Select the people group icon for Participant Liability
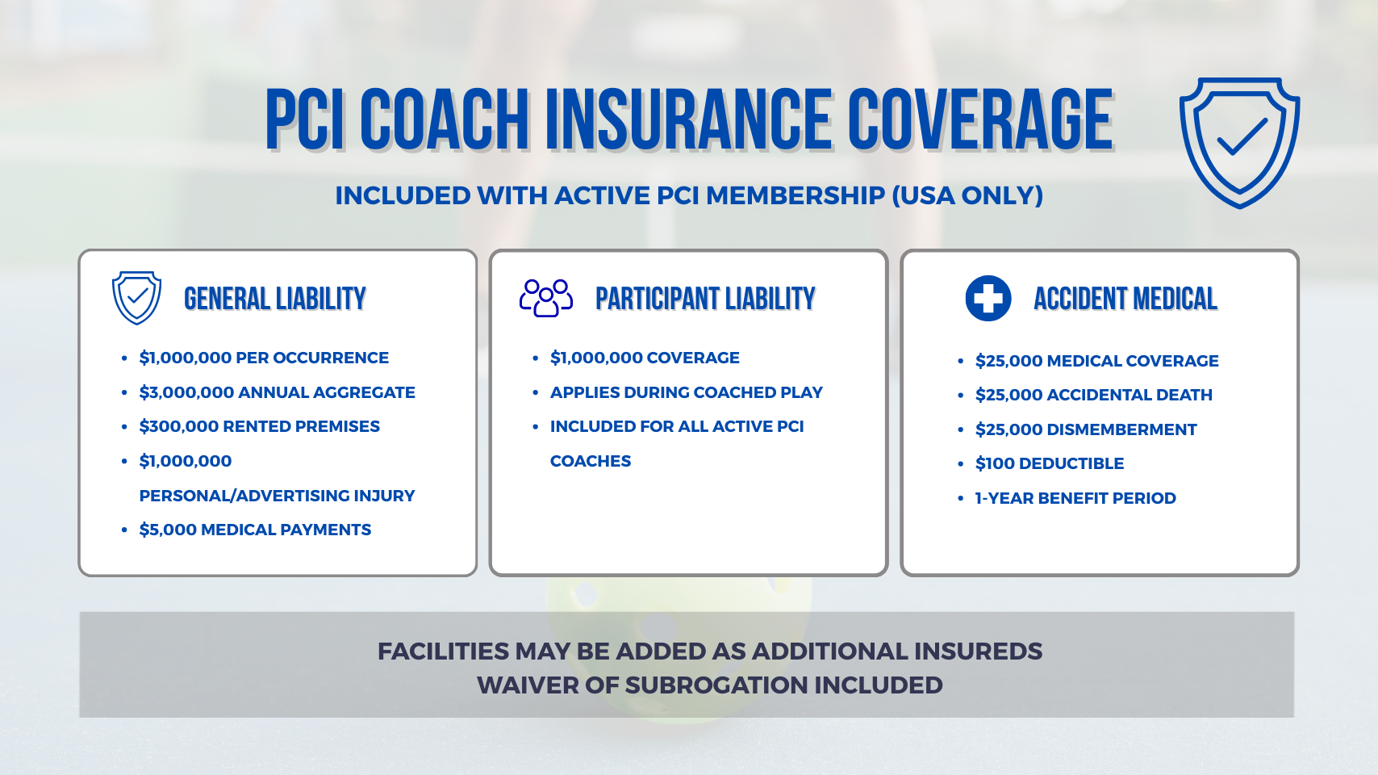coord(545,298)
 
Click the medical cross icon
coord(988,298)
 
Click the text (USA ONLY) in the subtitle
coord(967,195)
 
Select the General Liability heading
coord(275,299)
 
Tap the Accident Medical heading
coord(1125,299)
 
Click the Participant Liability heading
coord(705,299)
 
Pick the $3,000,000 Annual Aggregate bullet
coord(277,392)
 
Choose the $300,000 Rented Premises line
coord(259,426)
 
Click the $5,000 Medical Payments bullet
coord(255,530)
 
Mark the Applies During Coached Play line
coord(686,392)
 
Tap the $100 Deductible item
coord(1049,463)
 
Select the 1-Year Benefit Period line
coord(1075,497)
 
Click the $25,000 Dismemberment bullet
coord(1086,429)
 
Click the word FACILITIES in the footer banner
coord(443,651)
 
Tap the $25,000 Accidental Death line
coord(1093,395)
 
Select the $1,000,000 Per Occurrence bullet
coord(263,358)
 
